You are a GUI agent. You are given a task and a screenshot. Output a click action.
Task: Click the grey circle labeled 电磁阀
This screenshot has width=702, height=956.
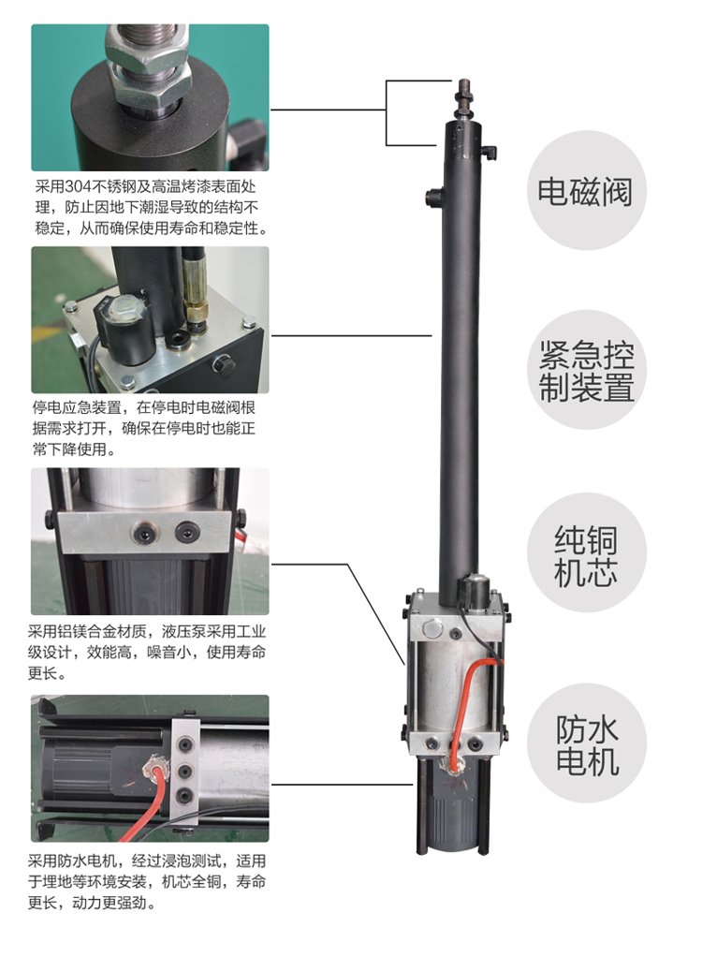tap(586, 190)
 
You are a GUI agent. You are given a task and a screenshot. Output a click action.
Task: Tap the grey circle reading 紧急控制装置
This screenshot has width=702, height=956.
tap(586, 370)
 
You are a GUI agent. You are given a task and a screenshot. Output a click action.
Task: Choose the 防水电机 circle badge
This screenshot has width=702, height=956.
tap(586, 743)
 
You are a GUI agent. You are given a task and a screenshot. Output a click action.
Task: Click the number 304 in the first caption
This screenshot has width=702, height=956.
tap(77, 186)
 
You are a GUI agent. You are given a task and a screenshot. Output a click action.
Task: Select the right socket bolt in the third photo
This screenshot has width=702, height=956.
tap(186, 532)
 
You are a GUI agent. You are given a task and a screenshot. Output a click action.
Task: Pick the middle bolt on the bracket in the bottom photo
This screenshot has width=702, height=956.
tap(184, 772)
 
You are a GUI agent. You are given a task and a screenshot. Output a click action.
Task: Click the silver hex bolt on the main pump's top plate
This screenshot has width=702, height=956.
tap(431, 626)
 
